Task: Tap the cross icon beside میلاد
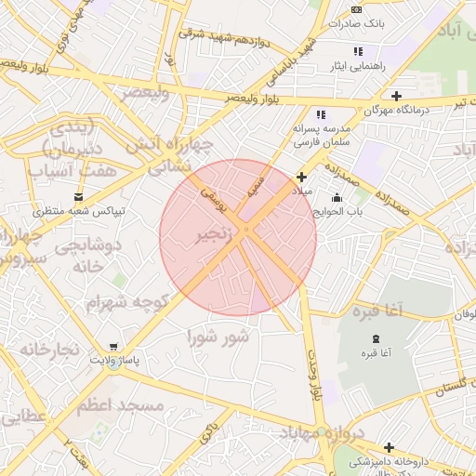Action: (x=301, y=177)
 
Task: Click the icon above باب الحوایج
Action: (x=336, y=197)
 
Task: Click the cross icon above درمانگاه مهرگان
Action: (x=396, y=96)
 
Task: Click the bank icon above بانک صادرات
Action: (x=357, y=8)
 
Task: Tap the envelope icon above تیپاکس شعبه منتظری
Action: (x=78, y=196)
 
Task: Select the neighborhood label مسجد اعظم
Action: (x=120, y=406)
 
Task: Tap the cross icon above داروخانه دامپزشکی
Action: (x=389, y=447)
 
